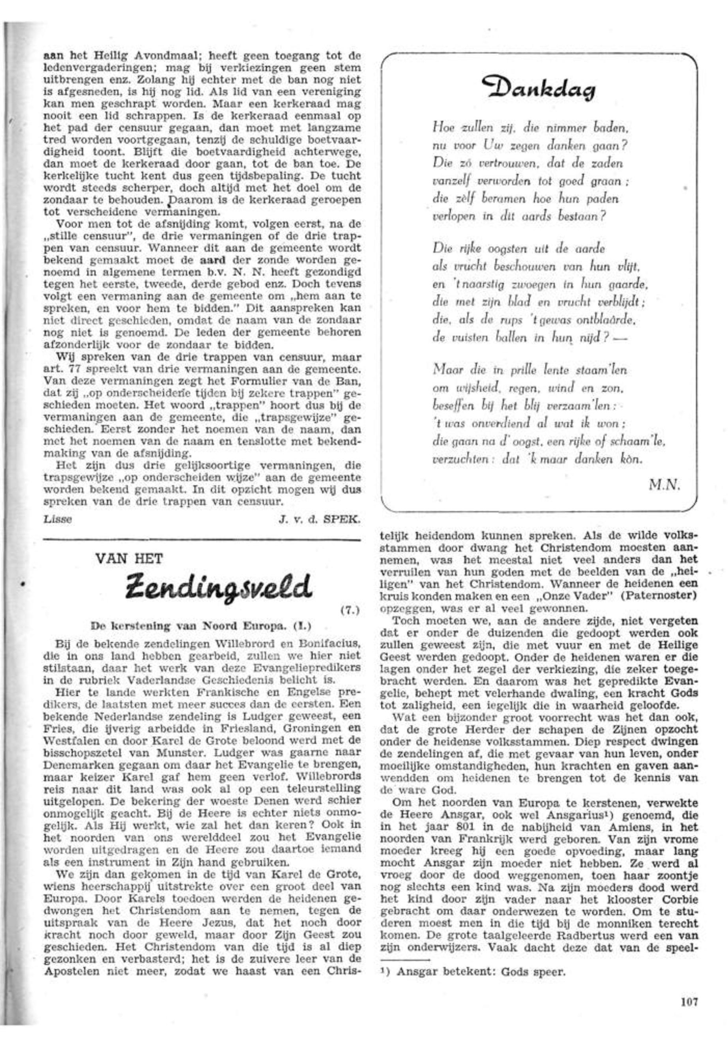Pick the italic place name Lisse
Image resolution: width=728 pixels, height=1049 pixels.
(x=58, y=519)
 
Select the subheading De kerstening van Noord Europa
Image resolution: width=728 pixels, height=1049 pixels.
(x=201, y=626)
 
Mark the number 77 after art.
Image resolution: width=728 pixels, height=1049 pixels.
(x=73, y=368)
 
